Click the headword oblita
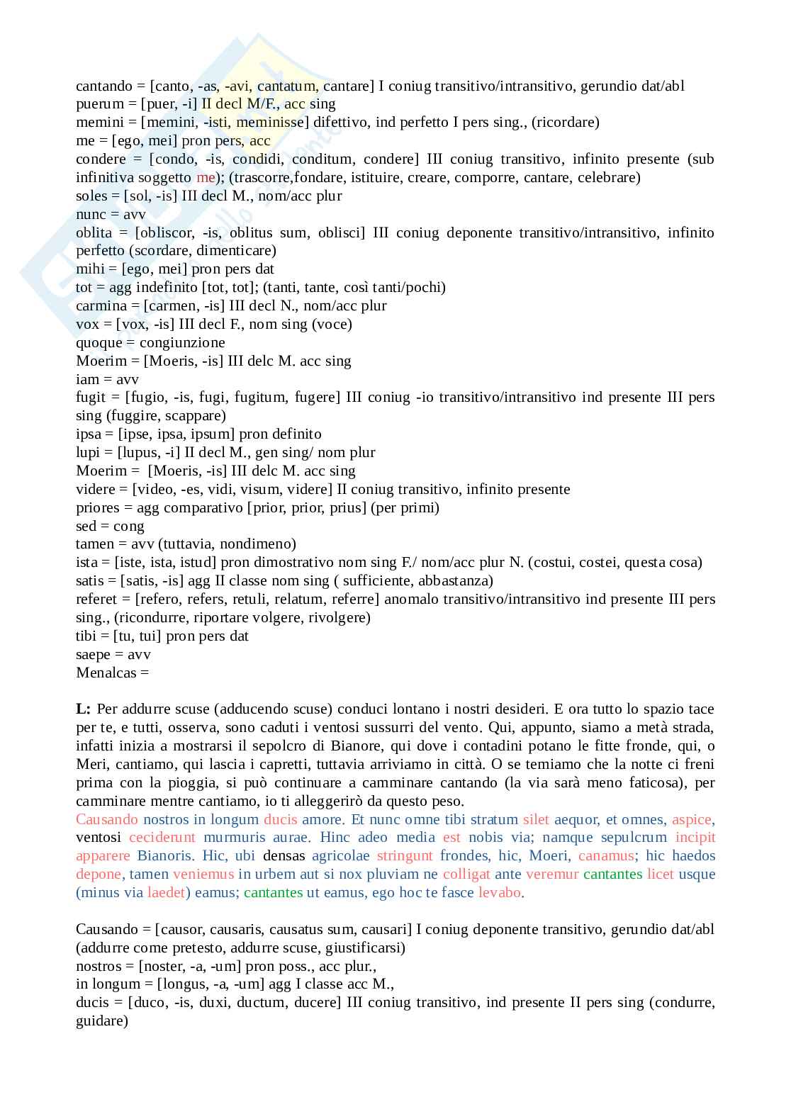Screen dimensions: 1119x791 [x=94, y=232]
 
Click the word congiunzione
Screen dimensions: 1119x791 [x=182, y=342]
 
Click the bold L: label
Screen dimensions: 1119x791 [x=83, y=709]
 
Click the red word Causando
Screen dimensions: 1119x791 [x=106, y=819]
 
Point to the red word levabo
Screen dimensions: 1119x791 [x=500, y=892]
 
